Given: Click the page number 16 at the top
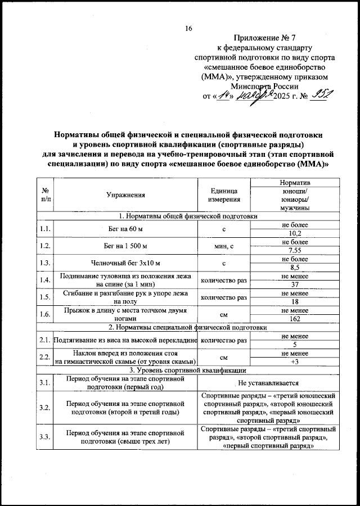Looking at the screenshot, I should (x=188, y=29).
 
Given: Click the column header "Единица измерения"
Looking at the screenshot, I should (x=224, y=195).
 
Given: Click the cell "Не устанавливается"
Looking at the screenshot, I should (x=268, y=383).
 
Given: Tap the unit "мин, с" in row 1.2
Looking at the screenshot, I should (x=224, y=246).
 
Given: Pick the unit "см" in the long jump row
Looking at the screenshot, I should (x=224, y=315).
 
